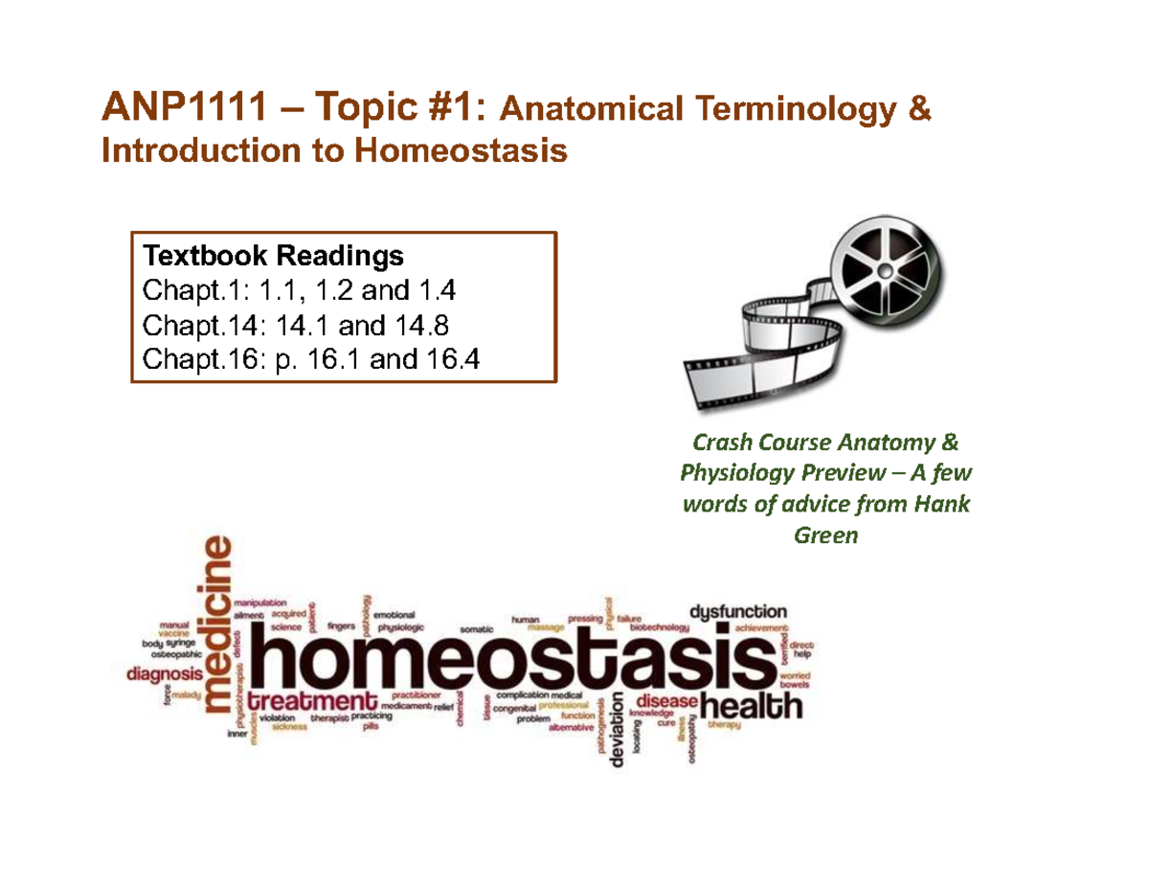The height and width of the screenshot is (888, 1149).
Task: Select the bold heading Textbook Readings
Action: tap(273, 257)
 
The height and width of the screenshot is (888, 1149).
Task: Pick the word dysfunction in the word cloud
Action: tap(738, 610)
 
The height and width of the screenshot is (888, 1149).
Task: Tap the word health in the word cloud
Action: tap(751, 708)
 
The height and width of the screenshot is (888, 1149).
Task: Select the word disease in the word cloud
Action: tap(664, 700)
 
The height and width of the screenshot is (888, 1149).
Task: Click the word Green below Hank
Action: tap(826, 536)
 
